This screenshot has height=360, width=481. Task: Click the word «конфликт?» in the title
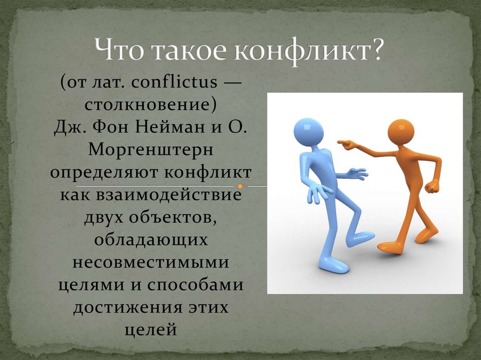(x=308, y=50)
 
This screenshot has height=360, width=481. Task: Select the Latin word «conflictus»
(x=174, y=82)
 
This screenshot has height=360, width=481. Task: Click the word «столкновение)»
(x=150, y=105)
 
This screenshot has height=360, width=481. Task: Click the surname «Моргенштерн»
(x=151, y=150)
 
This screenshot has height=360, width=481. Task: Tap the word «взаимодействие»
(x=169, y=195)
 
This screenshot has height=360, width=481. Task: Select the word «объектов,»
(x=173, y=217)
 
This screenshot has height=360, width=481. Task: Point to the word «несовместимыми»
(x=151, y=263)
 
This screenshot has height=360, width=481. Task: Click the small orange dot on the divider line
(x=240, y=186)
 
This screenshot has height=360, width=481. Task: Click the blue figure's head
(x=308, y=131)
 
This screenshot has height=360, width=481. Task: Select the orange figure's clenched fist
(x=432, y=187)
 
